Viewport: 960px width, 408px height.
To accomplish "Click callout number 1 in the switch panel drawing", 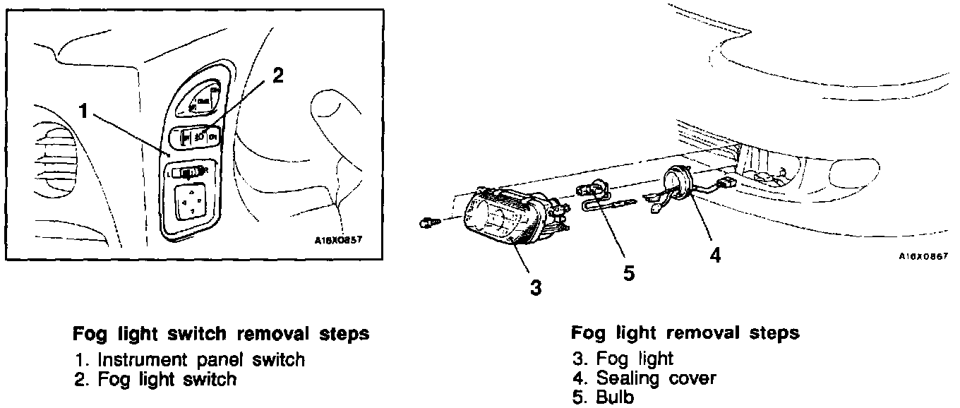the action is (x=83, y=112).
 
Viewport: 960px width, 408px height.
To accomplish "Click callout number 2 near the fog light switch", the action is (x=277, y=76).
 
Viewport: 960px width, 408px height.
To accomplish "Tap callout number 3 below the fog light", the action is (x=536, y=287).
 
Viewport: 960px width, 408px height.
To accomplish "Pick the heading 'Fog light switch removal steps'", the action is (x=221, y=333).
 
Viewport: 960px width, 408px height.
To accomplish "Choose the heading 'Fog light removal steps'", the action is (x=685, y=333).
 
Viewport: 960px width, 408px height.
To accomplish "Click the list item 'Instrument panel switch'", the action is (x=201, y=359).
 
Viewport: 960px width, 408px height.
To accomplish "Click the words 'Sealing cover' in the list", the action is (x=656, y=378).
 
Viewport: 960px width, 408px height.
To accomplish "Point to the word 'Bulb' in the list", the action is (x=615, y=397).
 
